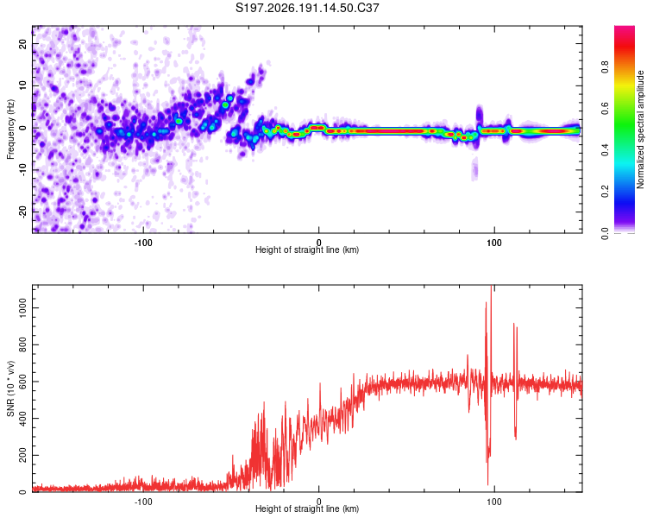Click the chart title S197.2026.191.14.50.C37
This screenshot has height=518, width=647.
307,8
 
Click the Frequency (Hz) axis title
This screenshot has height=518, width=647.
10,129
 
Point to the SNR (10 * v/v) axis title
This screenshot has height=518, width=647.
10,388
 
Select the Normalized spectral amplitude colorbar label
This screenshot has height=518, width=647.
640,129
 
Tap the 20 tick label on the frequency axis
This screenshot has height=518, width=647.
23,44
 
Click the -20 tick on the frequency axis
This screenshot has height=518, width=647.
23,212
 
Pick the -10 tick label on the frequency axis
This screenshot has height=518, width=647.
23,170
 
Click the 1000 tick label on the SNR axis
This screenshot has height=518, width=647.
23,308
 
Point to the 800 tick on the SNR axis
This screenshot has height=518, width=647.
23,345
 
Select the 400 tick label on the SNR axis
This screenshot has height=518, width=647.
23,419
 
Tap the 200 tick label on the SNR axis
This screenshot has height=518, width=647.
23,455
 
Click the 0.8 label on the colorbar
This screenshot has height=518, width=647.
606,66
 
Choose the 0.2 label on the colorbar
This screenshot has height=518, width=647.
606,192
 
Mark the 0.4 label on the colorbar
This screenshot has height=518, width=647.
606,149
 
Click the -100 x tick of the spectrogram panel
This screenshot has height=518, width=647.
143,243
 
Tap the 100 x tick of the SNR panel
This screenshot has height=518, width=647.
494,502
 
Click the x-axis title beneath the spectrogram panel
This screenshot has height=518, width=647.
307,250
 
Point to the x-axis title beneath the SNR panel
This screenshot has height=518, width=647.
307,509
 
